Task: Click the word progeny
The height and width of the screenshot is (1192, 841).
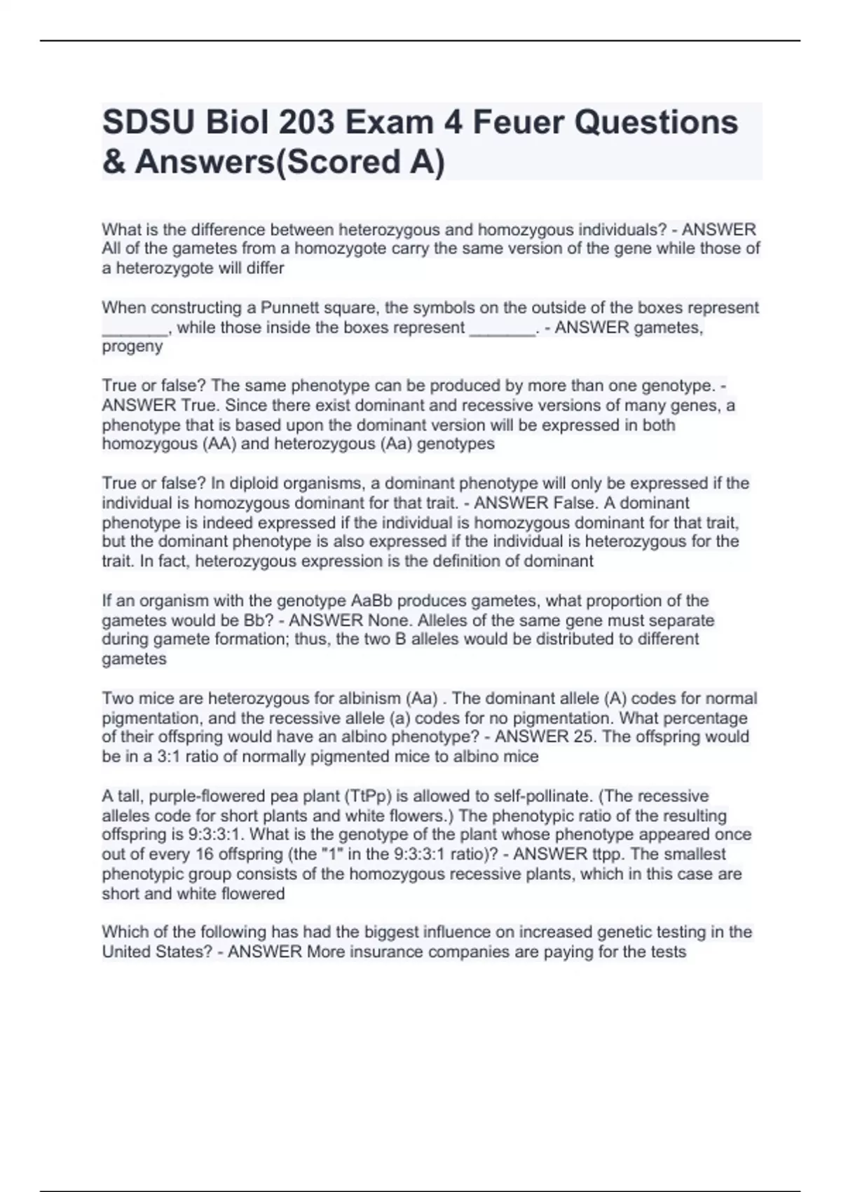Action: click(132, 346)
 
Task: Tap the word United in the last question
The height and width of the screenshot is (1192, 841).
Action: click(126, 952)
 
